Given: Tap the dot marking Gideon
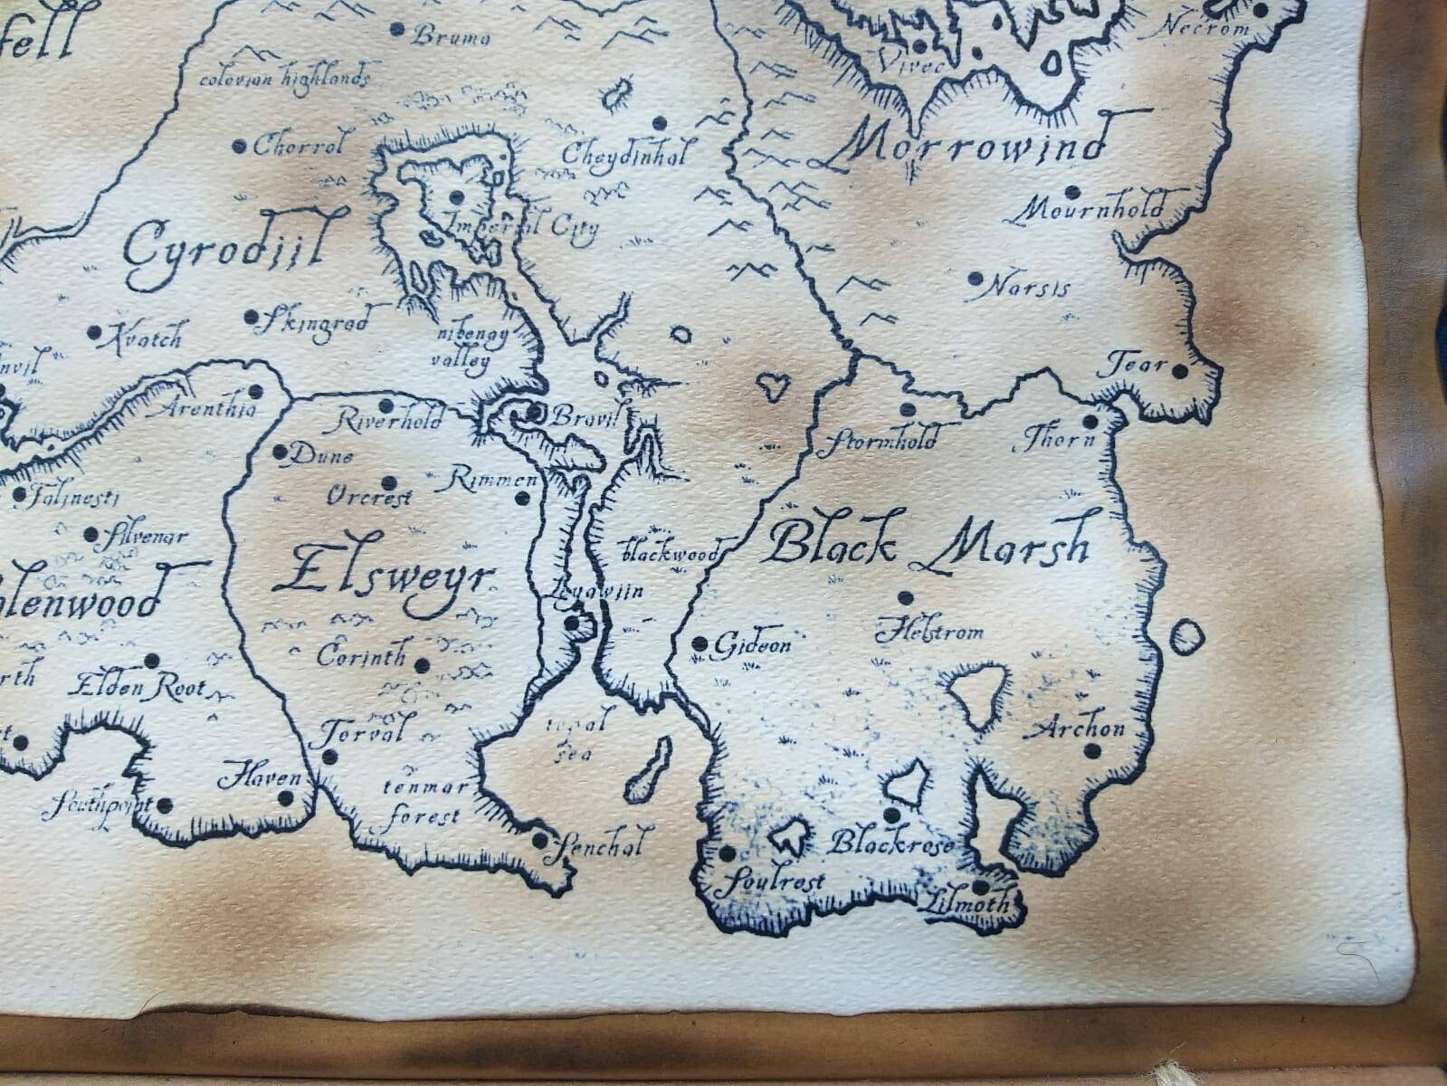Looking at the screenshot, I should pos(700,643).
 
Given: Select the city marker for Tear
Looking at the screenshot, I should pos(1180,369).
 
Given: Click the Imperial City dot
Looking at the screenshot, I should pos(456,195).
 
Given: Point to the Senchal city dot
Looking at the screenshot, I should pos(539,841).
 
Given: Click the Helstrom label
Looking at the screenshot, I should pos(928,631).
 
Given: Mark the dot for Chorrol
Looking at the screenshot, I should pos(240,146).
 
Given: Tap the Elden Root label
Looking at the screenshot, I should pos(140,688).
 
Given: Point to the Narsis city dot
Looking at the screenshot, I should pos(975,278).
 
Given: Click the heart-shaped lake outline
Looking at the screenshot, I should pos(771,387).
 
